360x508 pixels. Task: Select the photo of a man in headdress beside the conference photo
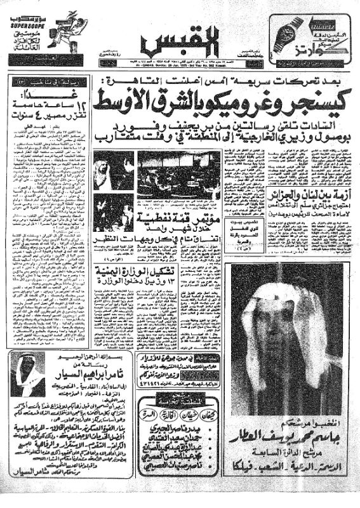(113, 170)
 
